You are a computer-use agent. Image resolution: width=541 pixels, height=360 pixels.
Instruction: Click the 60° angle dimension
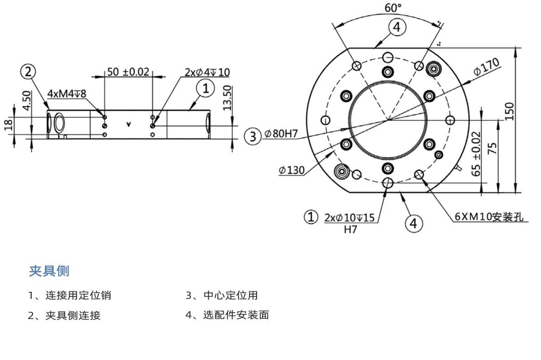click(x=393, y=8)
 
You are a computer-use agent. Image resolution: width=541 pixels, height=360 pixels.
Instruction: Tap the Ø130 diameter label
click(x=291, y=171)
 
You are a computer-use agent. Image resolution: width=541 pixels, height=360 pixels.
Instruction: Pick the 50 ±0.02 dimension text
click(x=128, y=72)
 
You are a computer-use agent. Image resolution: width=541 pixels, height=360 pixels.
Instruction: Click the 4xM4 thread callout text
click(x=67, y=94)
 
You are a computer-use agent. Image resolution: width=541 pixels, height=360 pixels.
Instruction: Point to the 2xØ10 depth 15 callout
click(x=351, y=217)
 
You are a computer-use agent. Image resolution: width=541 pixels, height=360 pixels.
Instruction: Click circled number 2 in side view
click(x=28, y=72)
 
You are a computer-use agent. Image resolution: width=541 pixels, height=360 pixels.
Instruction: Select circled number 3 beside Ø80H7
click(x=252, y=136)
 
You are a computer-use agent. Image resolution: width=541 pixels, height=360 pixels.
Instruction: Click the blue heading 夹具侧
click(x=49, y=271)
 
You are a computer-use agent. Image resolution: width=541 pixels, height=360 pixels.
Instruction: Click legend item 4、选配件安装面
click(x=227, y=316)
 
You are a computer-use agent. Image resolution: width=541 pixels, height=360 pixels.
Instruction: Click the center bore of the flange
click(x=388, y=120)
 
